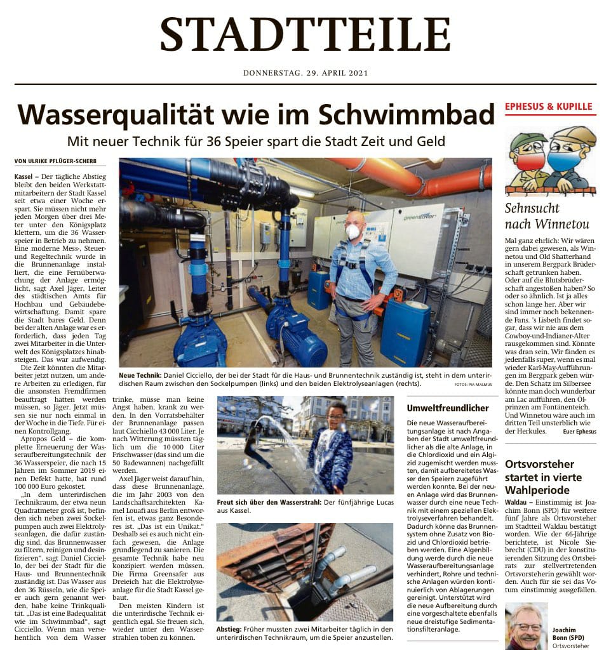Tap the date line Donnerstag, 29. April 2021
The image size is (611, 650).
(x=305, y=73)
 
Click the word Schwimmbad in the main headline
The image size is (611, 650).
(x=406, y=114)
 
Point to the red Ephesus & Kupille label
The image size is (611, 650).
(x=549, y=107)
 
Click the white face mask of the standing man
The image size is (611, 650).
(x=354, y=232)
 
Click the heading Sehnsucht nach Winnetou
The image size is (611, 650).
(x=547, y=216)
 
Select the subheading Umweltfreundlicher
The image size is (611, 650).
(x=448, y=408)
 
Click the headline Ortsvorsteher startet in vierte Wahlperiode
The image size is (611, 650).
(x=539, y=477)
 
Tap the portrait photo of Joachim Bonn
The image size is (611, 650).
(x=526, y=627)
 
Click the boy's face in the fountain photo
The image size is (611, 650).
(x=335, y=413)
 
